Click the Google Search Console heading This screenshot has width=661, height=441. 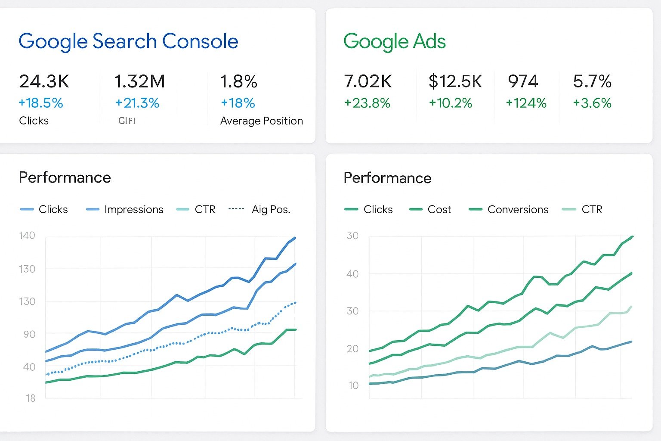pos(128,41)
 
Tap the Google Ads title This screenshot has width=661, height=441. pos(394,41)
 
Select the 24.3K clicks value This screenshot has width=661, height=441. pos(44,81)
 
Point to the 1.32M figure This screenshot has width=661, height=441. pos(139,81)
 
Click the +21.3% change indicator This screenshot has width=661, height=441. pos(137,103)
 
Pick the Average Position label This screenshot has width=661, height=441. pos(261,121)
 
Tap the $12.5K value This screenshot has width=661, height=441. pos(455,81)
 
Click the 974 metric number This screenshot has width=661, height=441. pos(523,81)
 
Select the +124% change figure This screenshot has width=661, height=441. pos(526,103)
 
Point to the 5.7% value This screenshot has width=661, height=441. pos(592,81)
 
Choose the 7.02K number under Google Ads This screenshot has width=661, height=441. pos(368,81)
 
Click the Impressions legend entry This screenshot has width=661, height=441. pos(133,210)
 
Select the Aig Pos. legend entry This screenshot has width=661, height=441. pos(271,210)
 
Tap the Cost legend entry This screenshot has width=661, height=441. pos(439,210)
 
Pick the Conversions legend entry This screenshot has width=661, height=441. pos(518,210)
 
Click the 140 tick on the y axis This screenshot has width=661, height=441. pos(27,236)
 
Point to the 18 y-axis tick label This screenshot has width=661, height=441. pos(30,398)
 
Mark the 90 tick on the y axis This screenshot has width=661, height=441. pos(29,334)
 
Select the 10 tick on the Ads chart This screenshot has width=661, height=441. pos(353,385)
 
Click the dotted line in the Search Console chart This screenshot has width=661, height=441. pos(172,345)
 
